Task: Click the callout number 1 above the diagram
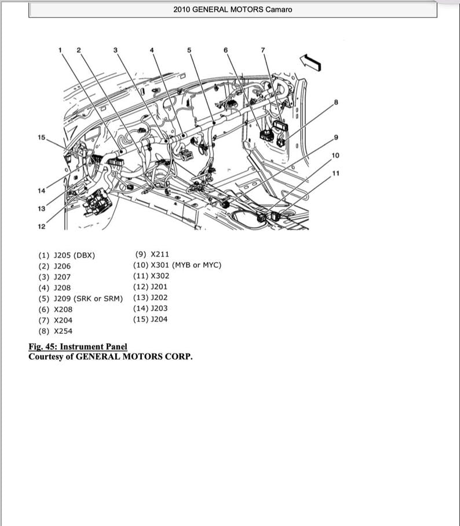click(x=60, y=50)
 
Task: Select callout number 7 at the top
click(x=263, y=50)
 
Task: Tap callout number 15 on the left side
click(x=41, y=137)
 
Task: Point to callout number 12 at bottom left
click(x=41, y=226)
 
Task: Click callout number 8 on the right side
click(x=336, y=102)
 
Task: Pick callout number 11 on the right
click(x=336, y=174)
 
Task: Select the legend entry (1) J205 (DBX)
click(x=67, y=255)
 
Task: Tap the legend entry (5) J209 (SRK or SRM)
click(x=81, y=299)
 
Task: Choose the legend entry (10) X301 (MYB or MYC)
click(x=177, y=265)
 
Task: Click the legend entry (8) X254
click(x=56, y=332)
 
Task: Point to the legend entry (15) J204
click(x=150, y=319)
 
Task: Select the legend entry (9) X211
click(x=152, y=254)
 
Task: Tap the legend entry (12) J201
click(x=150, y=286)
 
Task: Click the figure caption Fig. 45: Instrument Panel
click(x=78, y=347)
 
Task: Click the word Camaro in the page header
click(x=279, y=10)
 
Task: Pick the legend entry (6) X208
click(x=56, y=310)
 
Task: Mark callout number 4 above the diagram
click(x=152, y=50)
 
